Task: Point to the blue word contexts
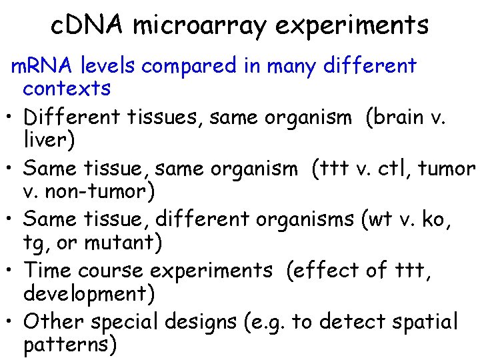[67, 88]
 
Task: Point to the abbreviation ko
[437, 219]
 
